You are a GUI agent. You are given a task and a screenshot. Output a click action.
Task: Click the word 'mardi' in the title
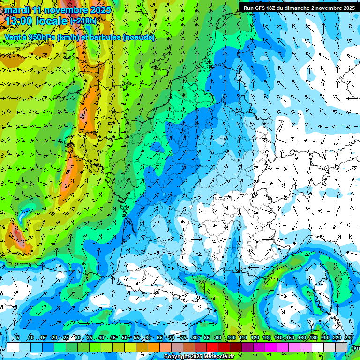tap(17, 10)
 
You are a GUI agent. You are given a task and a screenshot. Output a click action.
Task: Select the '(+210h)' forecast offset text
tap(83, 21)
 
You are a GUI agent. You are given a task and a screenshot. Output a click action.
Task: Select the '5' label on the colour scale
tap(17, 338)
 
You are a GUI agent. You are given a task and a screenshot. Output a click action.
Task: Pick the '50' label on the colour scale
tap(124, 338)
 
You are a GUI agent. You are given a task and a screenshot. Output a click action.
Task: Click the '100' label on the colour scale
tap(232, 338)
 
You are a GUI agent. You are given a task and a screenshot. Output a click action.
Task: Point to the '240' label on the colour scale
tap(349, 338)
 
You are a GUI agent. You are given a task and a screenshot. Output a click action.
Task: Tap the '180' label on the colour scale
tap(313, 338)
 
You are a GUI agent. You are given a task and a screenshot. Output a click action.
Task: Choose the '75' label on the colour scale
tap(183, 338)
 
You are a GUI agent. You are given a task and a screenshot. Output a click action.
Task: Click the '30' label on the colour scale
tap(77, 338)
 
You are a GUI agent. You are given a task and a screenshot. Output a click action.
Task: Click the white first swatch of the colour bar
tap(13, 347)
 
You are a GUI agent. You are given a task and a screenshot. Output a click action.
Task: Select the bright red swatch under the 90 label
tap(212, 347)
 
